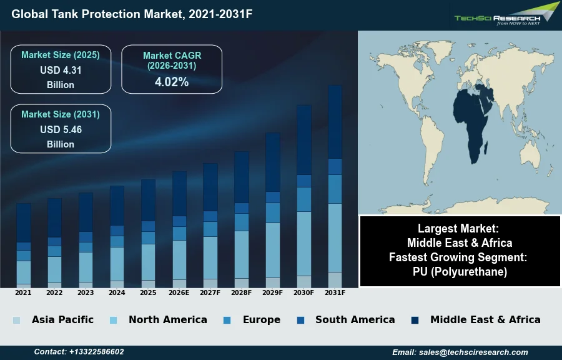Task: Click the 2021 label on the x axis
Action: [23, 292]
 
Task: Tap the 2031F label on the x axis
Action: [335, 292]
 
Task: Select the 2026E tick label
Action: [179, 292]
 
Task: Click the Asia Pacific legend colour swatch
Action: [16, 320]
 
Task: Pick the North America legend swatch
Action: [113, 320]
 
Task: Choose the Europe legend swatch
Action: [227, 320]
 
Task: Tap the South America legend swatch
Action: [301, 320]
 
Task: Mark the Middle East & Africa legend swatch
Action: [415, 320]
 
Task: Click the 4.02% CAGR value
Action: [172, 82]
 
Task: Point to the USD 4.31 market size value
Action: [61, 71]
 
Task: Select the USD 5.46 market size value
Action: [61, 130]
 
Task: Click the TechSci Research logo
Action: [506, 14]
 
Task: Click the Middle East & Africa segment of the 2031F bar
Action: [335, 122]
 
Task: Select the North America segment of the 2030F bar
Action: [303, 244]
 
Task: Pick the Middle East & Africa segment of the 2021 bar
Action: [24, 222]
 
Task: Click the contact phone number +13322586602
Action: [79, 352]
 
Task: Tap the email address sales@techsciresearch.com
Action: [460, 352]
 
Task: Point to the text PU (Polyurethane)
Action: [460, 272]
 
